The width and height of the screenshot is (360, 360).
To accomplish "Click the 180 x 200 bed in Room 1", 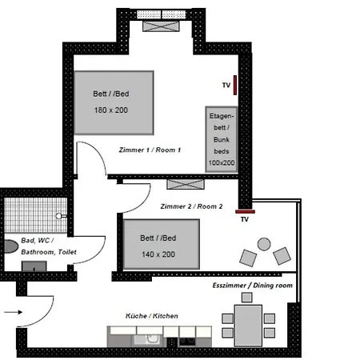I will pos(114,102).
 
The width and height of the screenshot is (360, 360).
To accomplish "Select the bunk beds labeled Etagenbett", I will pos(222,138).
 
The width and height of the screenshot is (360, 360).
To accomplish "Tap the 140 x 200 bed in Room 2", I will pos(160,243).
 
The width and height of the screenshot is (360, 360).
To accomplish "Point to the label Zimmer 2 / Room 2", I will pos(191,206).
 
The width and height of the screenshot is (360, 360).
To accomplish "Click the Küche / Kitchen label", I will pos(151,316).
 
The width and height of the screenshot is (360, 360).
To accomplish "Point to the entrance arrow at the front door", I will pos(14,313).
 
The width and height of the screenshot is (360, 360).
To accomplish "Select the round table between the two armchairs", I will pos(263,244).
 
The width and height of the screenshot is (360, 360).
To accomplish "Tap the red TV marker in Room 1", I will pos(235,85).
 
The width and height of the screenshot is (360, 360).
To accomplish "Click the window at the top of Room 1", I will pos(166,25).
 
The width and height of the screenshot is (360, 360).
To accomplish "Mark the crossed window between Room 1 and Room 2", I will pos(182,183).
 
